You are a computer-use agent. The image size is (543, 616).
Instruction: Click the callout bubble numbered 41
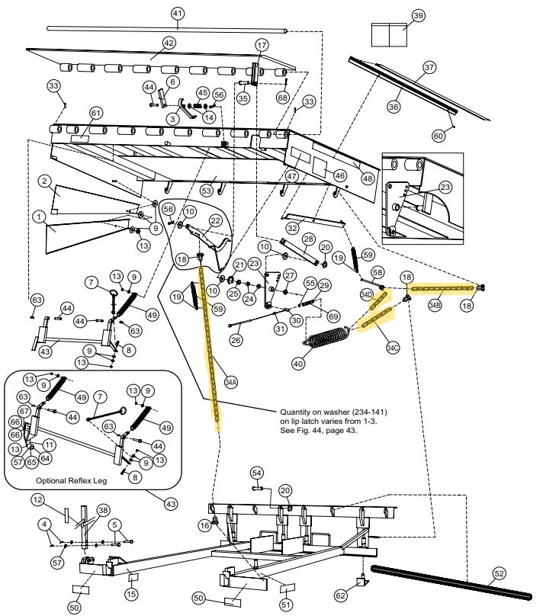tap(177, 14)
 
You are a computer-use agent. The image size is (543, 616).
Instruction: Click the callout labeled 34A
tap(231, 381)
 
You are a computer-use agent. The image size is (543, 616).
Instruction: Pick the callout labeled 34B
tap(434, 304)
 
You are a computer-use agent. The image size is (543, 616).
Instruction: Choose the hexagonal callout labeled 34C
tap(392, 348)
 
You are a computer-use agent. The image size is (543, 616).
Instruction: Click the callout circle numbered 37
tap(429, 67)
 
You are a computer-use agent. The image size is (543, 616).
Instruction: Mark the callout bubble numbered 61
tap(95, 113)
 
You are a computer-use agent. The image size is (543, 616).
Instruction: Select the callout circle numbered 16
tap(204, 526)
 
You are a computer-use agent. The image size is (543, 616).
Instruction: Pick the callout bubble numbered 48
tap(368, 178)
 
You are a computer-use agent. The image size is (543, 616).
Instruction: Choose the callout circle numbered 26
tap(236, 340)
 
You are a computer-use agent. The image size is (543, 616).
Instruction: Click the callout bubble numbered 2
tap(46, 181)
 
